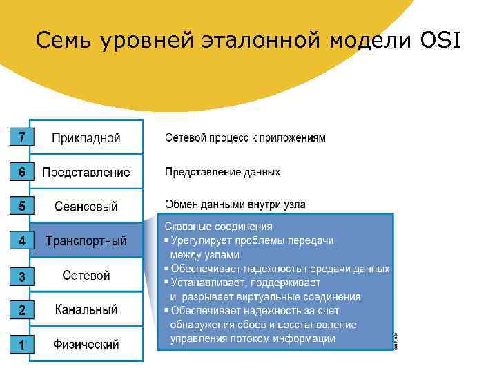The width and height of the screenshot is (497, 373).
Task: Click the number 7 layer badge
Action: point(21,137)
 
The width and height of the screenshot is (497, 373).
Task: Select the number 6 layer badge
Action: point(21,172)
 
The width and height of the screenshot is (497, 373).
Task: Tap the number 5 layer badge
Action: point(21,206)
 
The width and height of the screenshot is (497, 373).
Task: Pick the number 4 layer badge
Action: point(21,241)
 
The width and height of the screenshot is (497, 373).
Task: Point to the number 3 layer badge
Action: point(21,277)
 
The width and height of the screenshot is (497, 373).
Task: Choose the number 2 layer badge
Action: point(21,311)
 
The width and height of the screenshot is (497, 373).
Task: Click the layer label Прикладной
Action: point(86,138)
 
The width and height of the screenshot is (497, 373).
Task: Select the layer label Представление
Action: point(86,173)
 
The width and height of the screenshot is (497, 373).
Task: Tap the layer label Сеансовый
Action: point(86,207)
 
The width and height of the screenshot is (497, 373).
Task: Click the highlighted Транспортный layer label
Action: point(86,241)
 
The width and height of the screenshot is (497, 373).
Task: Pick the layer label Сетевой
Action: point(86,276)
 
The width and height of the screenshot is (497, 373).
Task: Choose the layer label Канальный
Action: point(86,309)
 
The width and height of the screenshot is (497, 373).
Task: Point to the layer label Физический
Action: point(86,344)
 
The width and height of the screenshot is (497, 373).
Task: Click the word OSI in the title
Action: point(439,41)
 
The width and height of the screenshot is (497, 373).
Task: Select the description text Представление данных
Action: point(222,171)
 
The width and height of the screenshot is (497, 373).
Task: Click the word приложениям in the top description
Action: point(294,138)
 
